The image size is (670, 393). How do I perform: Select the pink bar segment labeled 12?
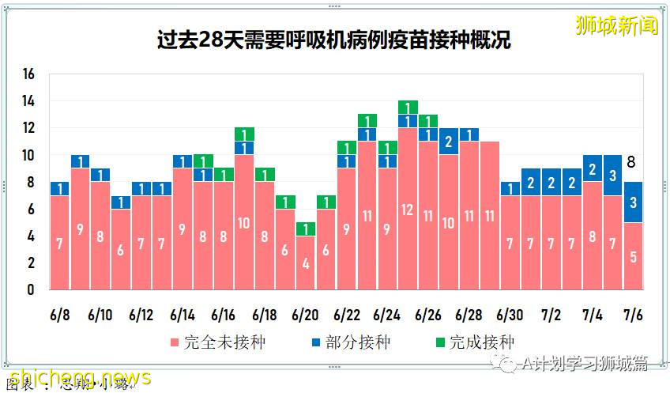408,209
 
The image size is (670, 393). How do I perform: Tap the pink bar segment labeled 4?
305,263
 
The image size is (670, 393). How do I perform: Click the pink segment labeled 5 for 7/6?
634,255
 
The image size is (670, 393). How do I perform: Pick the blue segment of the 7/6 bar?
634,202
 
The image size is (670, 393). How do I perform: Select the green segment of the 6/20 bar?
305,229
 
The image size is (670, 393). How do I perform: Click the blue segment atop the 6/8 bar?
59,188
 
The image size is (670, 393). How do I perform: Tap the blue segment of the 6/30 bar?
510,188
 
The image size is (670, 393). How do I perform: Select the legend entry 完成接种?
472,342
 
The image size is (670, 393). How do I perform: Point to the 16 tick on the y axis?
29,74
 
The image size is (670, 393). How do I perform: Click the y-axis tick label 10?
29,155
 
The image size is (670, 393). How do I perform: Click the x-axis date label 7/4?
592,315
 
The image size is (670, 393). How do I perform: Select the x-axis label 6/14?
183,315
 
